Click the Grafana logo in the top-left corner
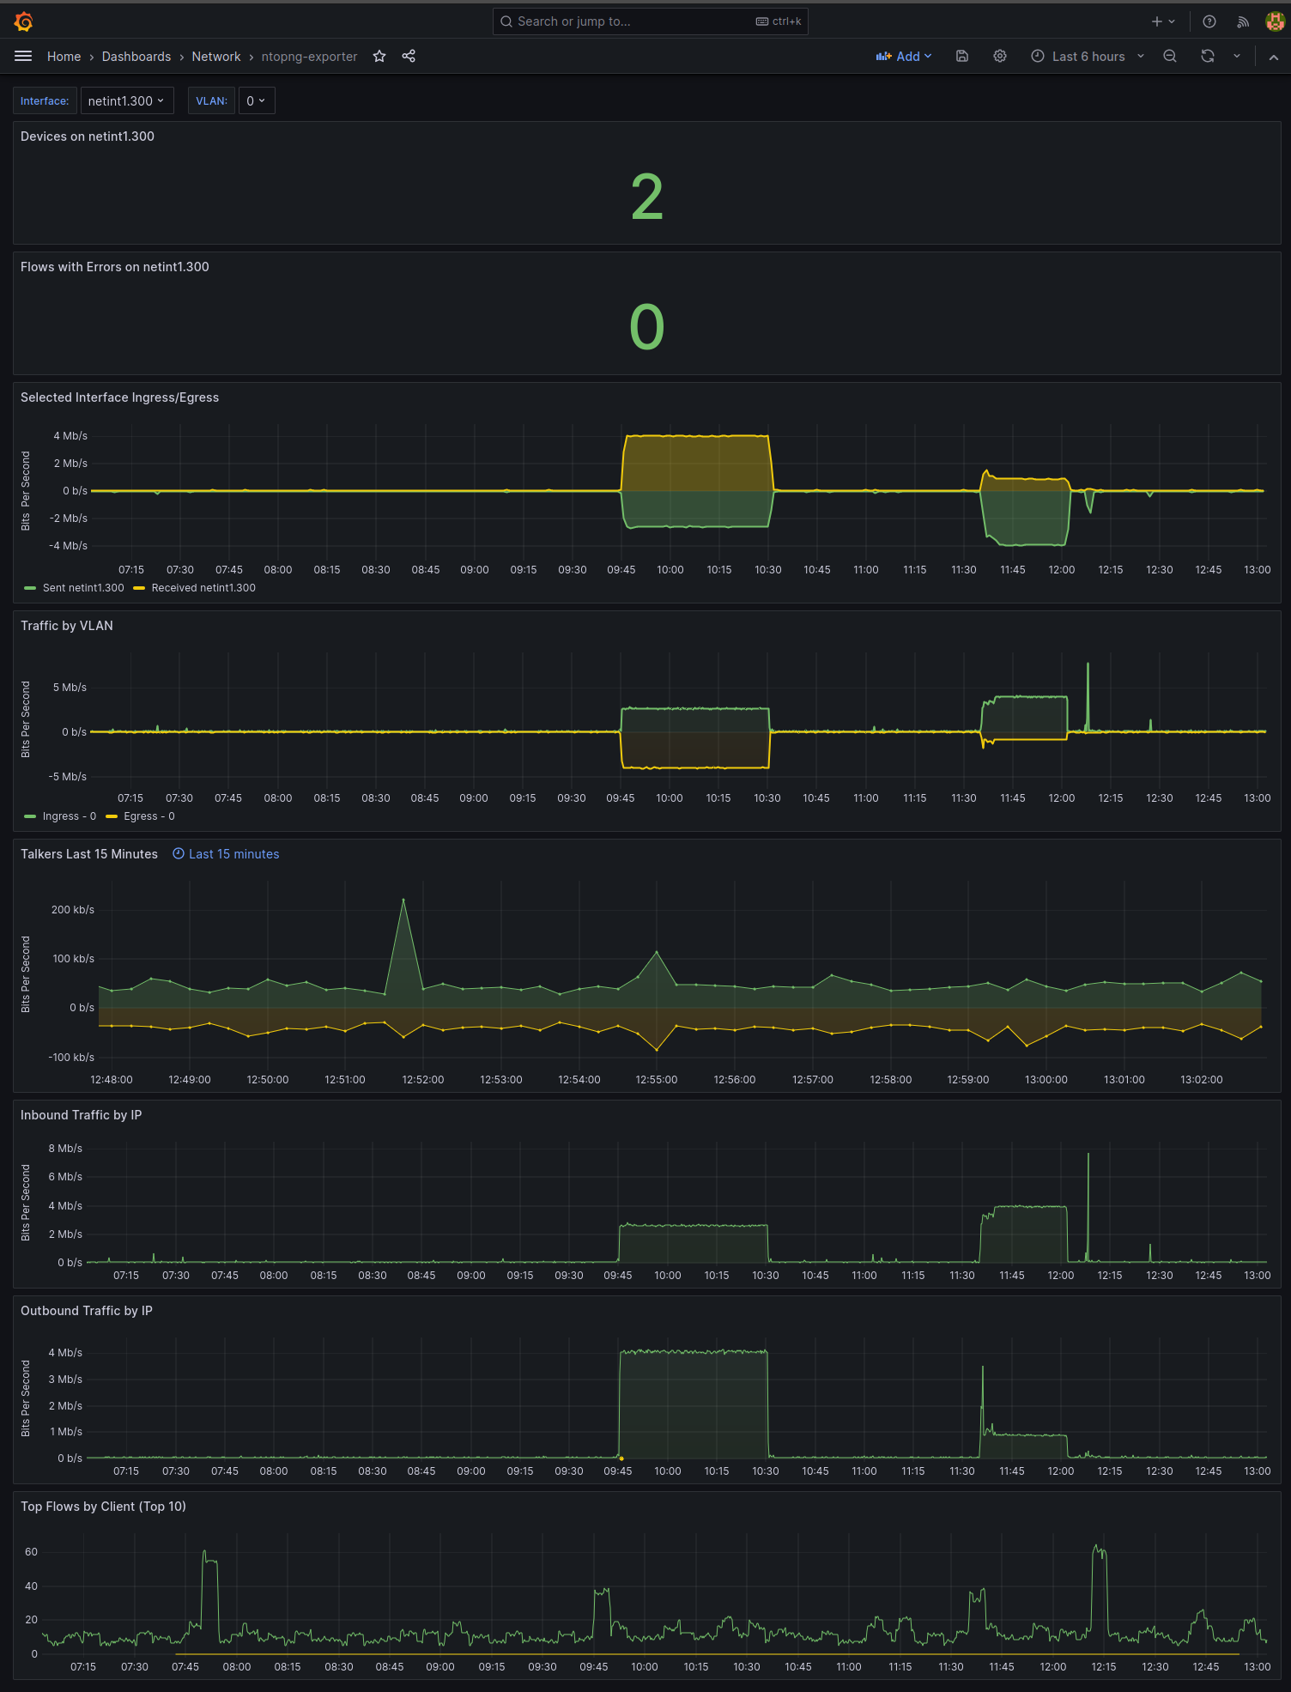(24, 21)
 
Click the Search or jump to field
(650, 21)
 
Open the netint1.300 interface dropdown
(126, 101)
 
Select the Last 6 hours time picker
(1088, 57)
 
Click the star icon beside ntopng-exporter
(379, 57)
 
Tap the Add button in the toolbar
(903, 57)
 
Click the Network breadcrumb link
(215, 57)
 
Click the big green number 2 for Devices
(646, 197)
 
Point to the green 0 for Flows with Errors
(646, 327)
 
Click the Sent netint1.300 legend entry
(83, 588)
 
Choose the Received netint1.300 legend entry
(203, 588)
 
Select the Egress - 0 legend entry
(148, 816)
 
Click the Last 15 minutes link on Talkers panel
(233, 854)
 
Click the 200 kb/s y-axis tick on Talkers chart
(73, 910)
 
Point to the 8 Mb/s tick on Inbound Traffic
(65, 1149)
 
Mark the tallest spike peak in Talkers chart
(403, 900)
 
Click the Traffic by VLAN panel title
(67, 626)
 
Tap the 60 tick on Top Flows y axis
(32, 1552)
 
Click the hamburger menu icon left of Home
(23, 57)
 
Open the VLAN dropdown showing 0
(256, 101)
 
